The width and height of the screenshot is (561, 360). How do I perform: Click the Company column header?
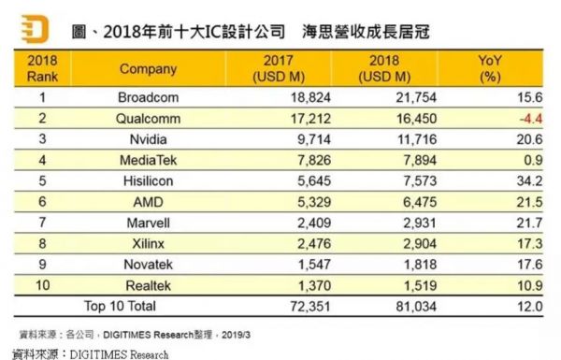146,68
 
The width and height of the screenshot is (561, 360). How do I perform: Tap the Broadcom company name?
146,96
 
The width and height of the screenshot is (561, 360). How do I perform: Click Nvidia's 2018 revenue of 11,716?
406,138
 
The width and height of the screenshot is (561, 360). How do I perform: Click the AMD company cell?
146,201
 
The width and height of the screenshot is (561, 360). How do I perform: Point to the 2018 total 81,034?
406,306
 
